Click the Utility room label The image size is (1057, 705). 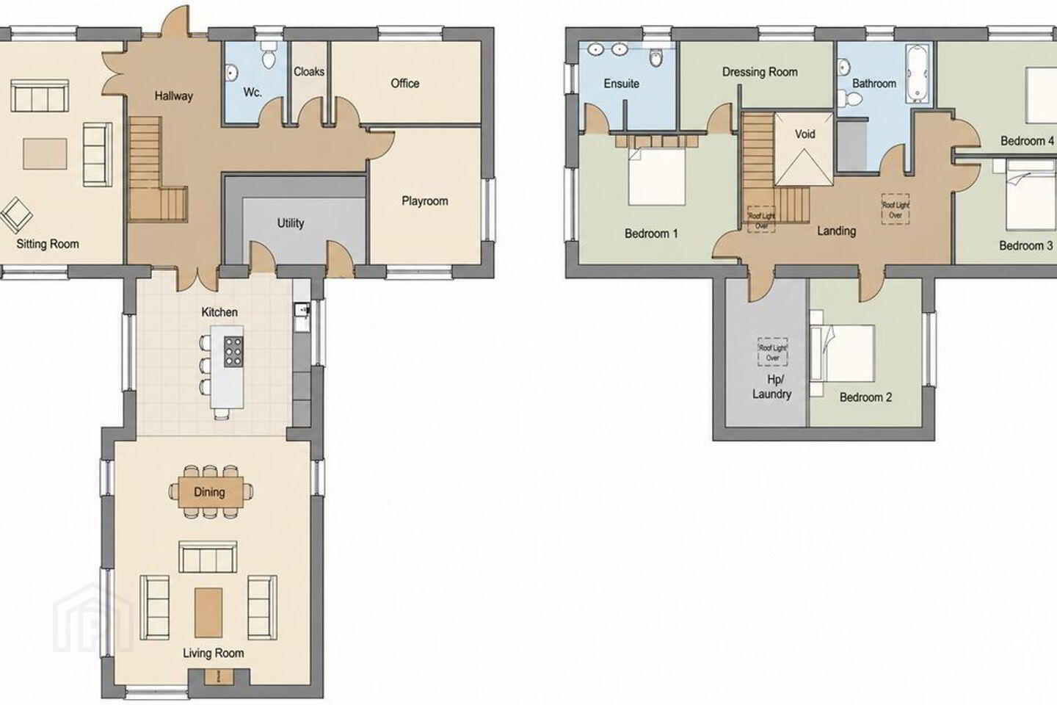coord(290,223)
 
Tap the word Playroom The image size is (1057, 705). coord(425,201)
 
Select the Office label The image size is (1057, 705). coord(405,84)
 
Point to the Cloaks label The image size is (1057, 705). coord(309,72)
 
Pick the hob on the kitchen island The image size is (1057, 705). coord(233,351)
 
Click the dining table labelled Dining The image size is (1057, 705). coord(211,492)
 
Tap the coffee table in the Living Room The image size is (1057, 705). coord(208,612)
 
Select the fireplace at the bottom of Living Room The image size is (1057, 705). coord(219,677)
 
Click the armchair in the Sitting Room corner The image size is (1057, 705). coord(16,215)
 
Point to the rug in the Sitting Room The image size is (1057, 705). coord(45,153)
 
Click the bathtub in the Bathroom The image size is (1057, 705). coord(918,73)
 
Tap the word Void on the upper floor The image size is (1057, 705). coord(804,134)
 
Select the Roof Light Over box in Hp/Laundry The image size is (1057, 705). coord(772,352)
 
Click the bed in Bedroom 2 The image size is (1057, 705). coord(843,352)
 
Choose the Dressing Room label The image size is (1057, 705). coord(760,72)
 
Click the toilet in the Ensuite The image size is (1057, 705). coord(656,57)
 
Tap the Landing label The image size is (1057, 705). coord(837,231)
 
